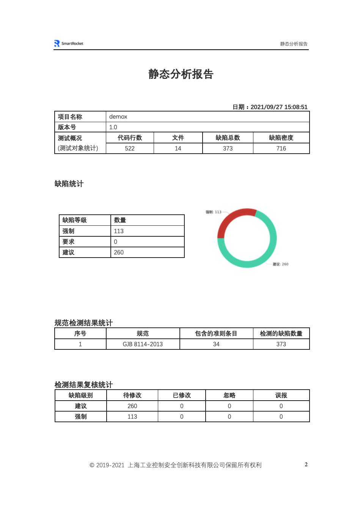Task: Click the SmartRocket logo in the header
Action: [x=69, y=44]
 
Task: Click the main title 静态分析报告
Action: [x=181, y=74]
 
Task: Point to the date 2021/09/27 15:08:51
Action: [x=279, y=107]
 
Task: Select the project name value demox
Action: [x=118, y=116]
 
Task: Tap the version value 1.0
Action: [x=113, y=127]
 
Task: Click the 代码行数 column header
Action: [x=130, y=138]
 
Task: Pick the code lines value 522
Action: [x=130, y=148]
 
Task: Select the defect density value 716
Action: [x=281, y=148]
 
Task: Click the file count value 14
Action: [x=178, y=148]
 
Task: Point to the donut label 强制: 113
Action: [x=213, y=212]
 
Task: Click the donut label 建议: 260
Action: [x=280, y=264]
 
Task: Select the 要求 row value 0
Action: [x=116, y=242]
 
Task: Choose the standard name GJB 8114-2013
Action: [x=143, y=344]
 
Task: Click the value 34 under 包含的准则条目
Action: [x=216, y=344]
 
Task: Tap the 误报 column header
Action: [x=281, y=395]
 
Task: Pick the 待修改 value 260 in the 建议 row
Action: [x=132, y=406]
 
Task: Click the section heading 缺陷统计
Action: [x=69, y=184]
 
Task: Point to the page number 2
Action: [x=306, y=464]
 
